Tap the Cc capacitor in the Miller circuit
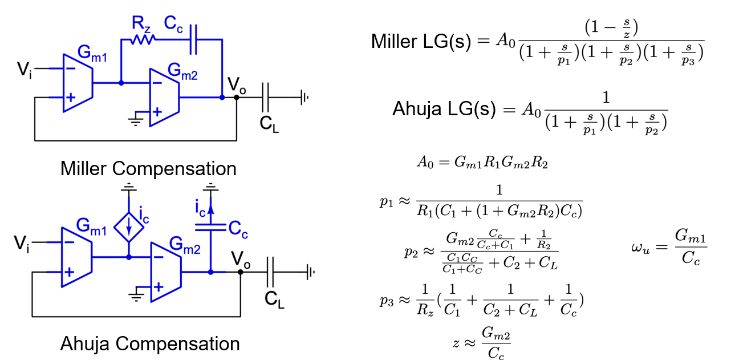(x=193, y=39)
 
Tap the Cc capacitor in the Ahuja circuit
(x=211, y=228)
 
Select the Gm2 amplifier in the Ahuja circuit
(x=165, y=271)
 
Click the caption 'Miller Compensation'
(x=148, y=169)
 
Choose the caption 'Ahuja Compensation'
(x=150, y=344)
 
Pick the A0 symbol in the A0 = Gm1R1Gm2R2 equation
(x=425, y=163)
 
